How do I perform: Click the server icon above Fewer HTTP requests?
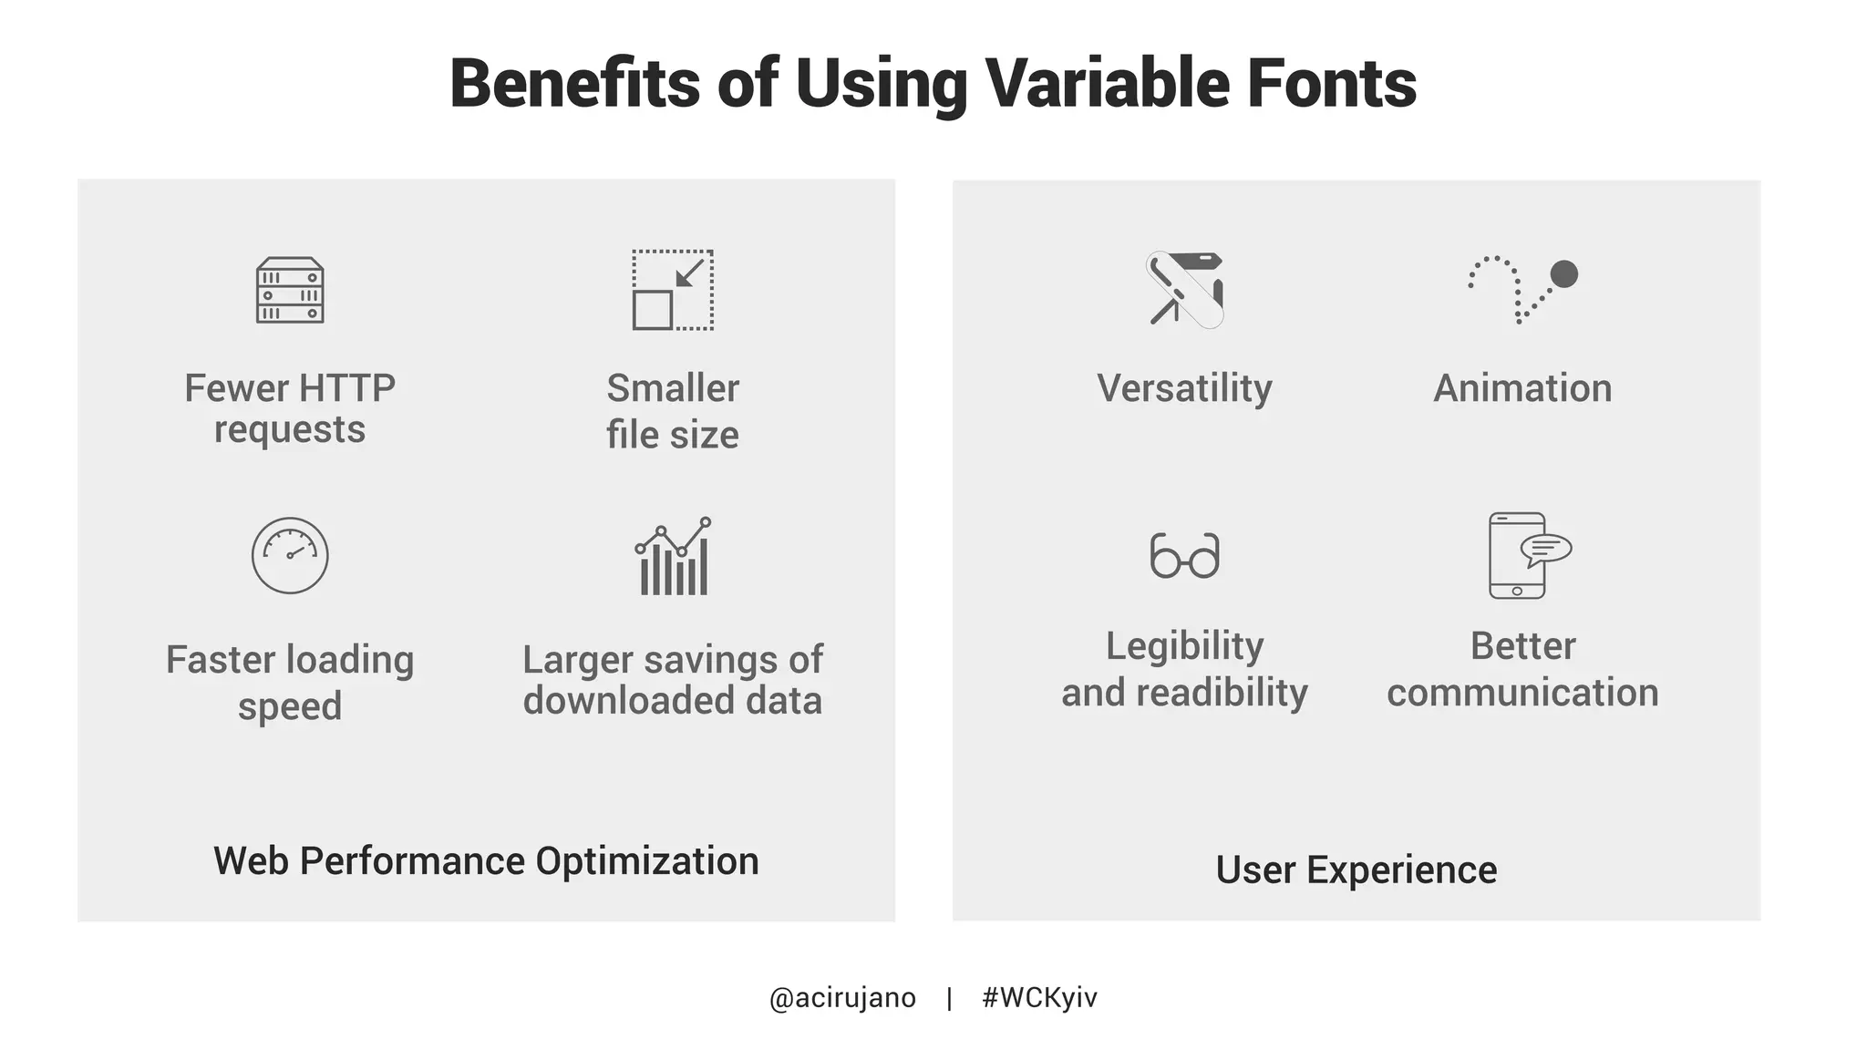(290, 291)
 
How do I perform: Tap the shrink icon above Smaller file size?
(673, 290)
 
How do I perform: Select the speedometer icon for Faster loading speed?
(290, 556)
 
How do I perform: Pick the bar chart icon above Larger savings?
(673, 557)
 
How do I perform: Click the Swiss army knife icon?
(1184, 290)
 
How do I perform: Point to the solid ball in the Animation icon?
(1563, 274)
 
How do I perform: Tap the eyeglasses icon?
(1184, 555)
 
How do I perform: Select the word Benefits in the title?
(575, 84)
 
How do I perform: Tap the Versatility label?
(1184, 389)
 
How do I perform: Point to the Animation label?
(1522, 389)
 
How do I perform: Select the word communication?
(1522, 693)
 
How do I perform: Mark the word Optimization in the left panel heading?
(646, 861)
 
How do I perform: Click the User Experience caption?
(1356, 870)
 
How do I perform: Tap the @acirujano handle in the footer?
(842, 998)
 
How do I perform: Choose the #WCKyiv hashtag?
(1039, 998)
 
